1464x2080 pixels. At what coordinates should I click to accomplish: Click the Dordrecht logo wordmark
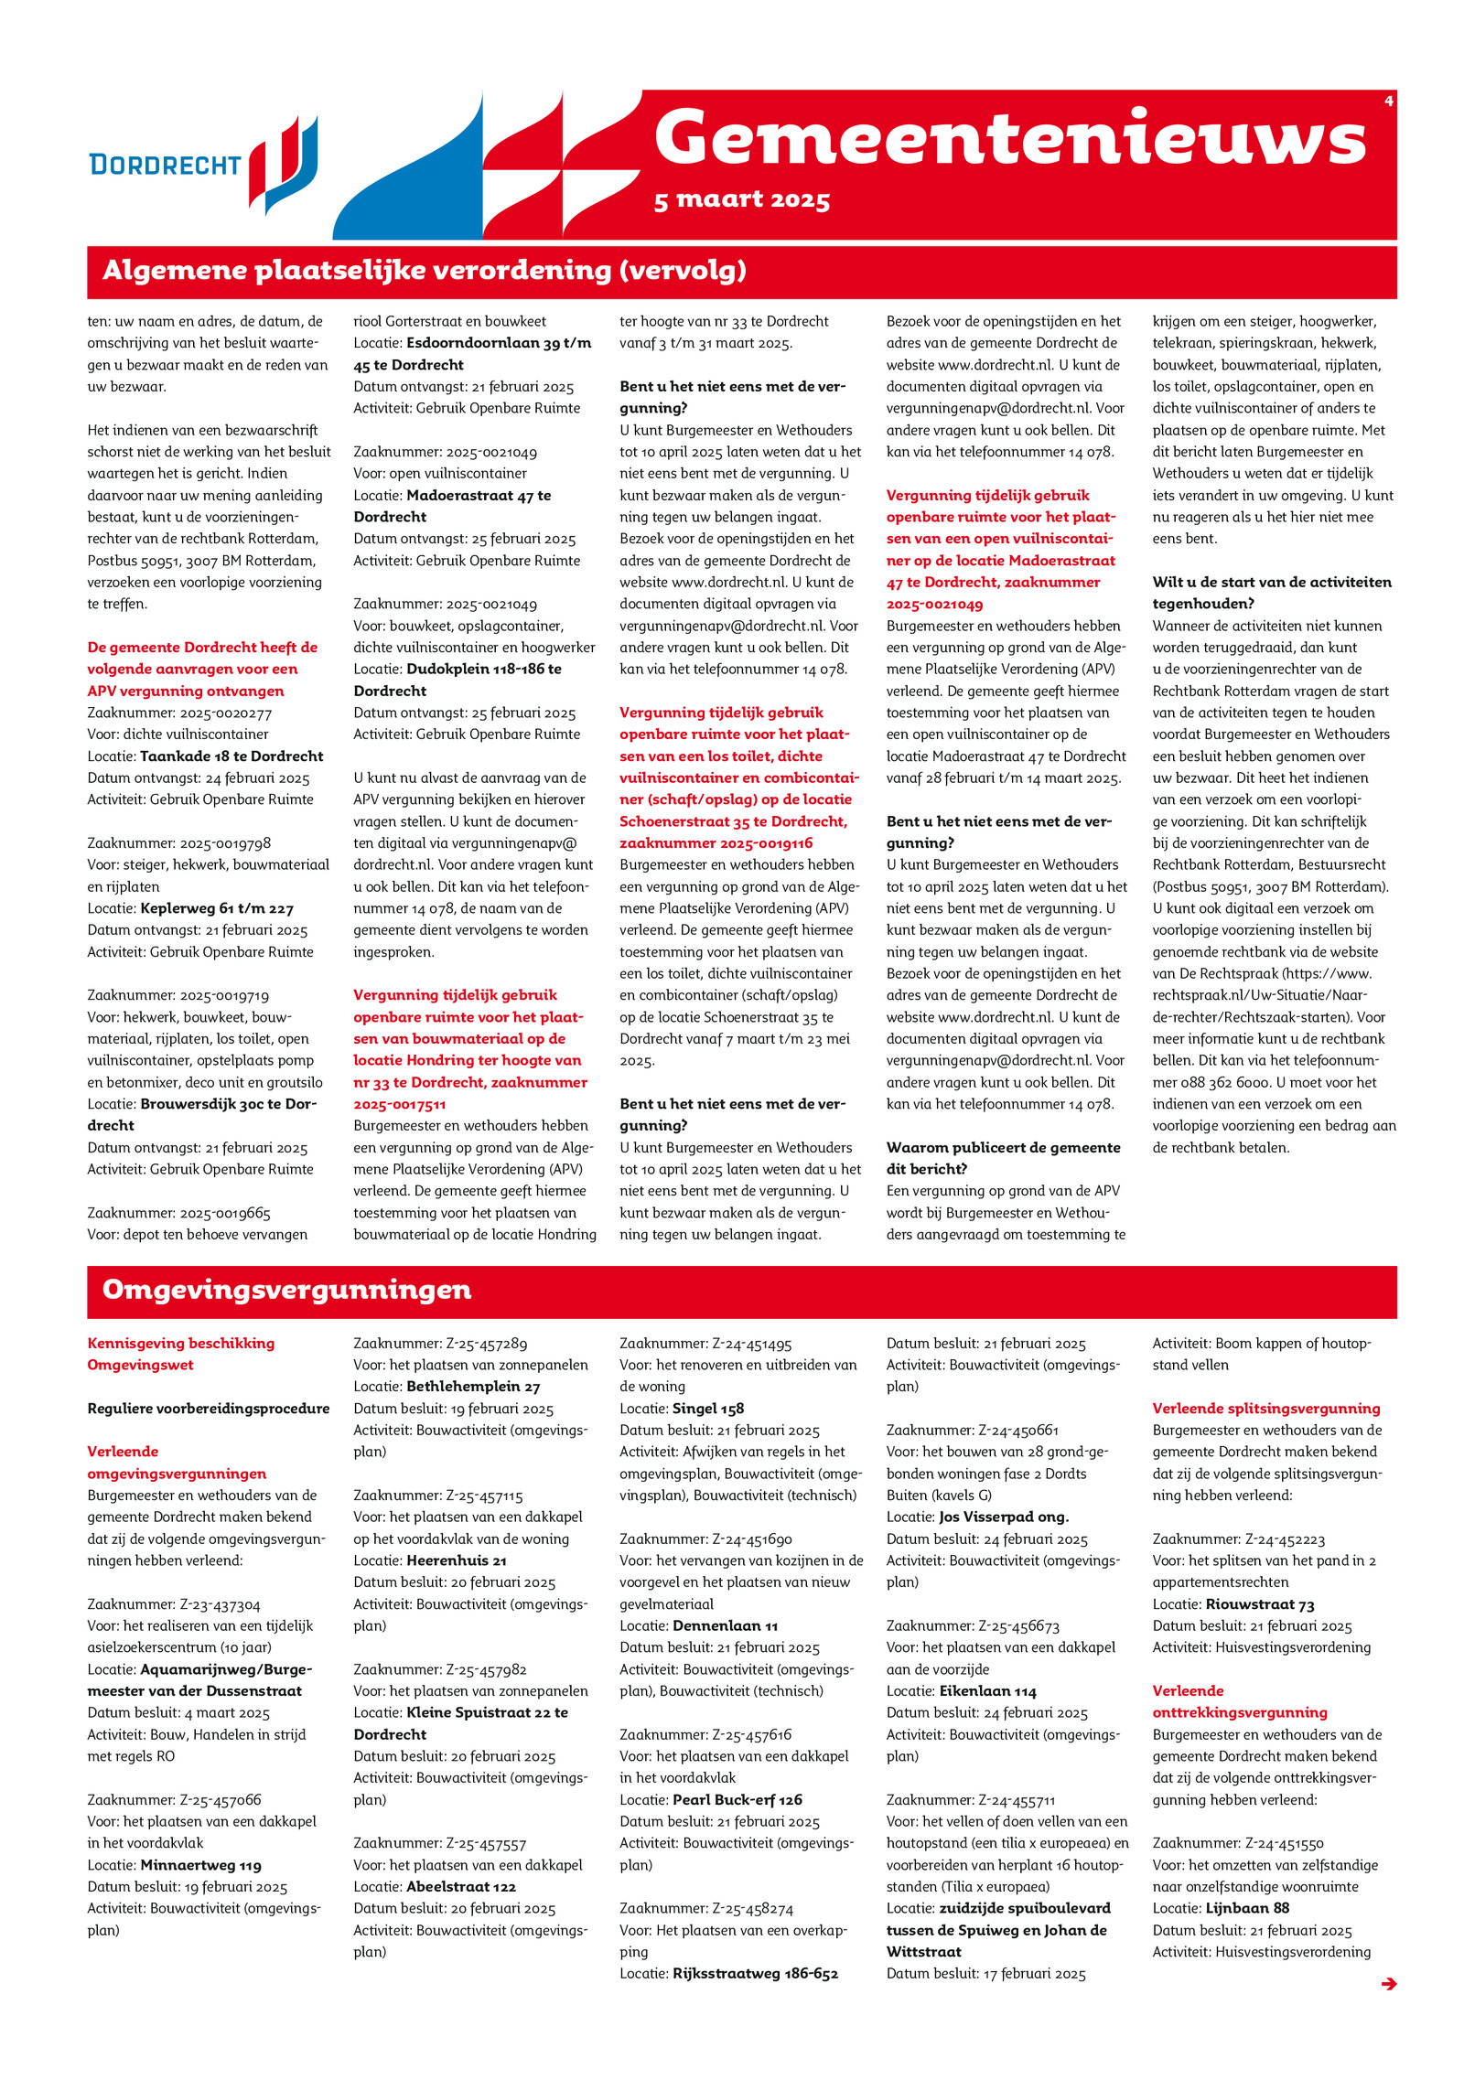165,165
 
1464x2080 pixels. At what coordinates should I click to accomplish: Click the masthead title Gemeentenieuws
1009,138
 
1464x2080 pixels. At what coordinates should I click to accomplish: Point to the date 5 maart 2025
741,200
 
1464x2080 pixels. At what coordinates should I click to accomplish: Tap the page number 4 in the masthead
1388,102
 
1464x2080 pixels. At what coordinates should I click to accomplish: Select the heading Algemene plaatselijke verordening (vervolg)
424,271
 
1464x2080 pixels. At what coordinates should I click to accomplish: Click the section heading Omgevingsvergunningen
286,1290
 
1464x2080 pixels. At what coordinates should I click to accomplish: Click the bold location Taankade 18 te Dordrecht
231,756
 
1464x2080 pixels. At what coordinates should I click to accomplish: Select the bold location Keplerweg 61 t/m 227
217,908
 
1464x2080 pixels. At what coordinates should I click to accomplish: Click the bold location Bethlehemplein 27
473,1387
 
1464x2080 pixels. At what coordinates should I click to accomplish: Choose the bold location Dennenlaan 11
725,1625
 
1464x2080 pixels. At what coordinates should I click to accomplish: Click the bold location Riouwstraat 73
1259,1604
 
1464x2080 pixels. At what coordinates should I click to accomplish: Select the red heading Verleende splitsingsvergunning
1265,1409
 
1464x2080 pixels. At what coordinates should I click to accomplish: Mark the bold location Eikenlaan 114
987,1691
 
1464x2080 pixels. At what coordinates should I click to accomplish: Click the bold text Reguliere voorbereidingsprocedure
209,1409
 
